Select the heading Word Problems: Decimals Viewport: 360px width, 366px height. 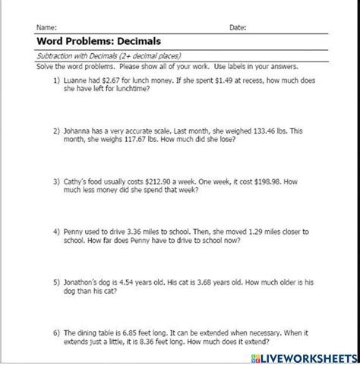[89, 41]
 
